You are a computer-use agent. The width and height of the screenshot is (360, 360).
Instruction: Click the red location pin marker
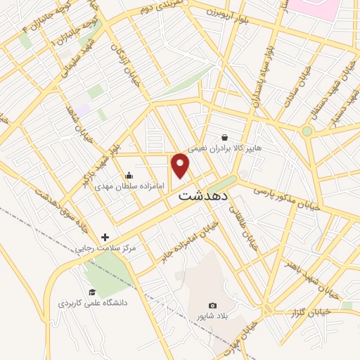[x=181, y=165]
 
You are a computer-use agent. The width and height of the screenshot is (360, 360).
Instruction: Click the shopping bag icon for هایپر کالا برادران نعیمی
[x=224, y=137]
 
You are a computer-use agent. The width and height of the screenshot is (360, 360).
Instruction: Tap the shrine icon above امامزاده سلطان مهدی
[x=129, y=175]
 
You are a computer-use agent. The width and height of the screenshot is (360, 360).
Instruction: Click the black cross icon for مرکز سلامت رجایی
[x=105, y=237]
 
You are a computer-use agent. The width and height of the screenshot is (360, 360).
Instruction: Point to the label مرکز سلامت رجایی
[x=106, y=248]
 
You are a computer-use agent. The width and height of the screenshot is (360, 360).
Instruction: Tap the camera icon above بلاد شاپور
[x=213, y=304]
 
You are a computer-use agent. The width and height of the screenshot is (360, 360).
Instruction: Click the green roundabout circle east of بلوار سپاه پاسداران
[x=307, y=131]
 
